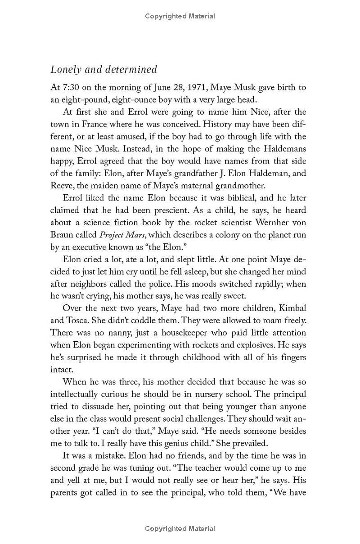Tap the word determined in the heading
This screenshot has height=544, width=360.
point(131,70)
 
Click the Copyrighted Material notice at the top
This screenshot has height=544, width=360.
point(180,16)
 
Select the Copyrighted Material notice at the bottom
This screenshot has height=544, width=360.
point(180,529)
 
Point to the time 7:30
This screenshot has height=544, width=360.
point(70,87)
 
